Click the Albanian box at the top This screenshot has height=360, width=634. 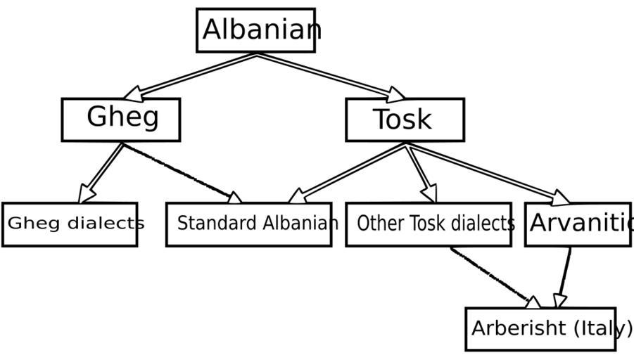click(x=255, y=30)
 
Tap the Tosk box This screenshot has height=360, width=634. click(x=405, y=120)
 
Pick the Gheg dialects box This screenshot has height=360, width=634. click(x=70, y=224)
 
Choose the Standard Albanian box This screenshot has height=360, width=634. click(x=248, y=224)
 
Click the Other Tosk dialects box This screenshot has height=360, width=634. click(x=429, y=224)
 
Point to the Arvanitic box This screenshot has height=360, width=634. click(x=578, y=224)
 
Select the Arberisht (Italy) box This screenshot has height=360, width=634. click(x=540, y=328)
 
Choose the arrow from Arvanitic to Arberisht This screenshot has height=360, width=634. click(x=564, y=277)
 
